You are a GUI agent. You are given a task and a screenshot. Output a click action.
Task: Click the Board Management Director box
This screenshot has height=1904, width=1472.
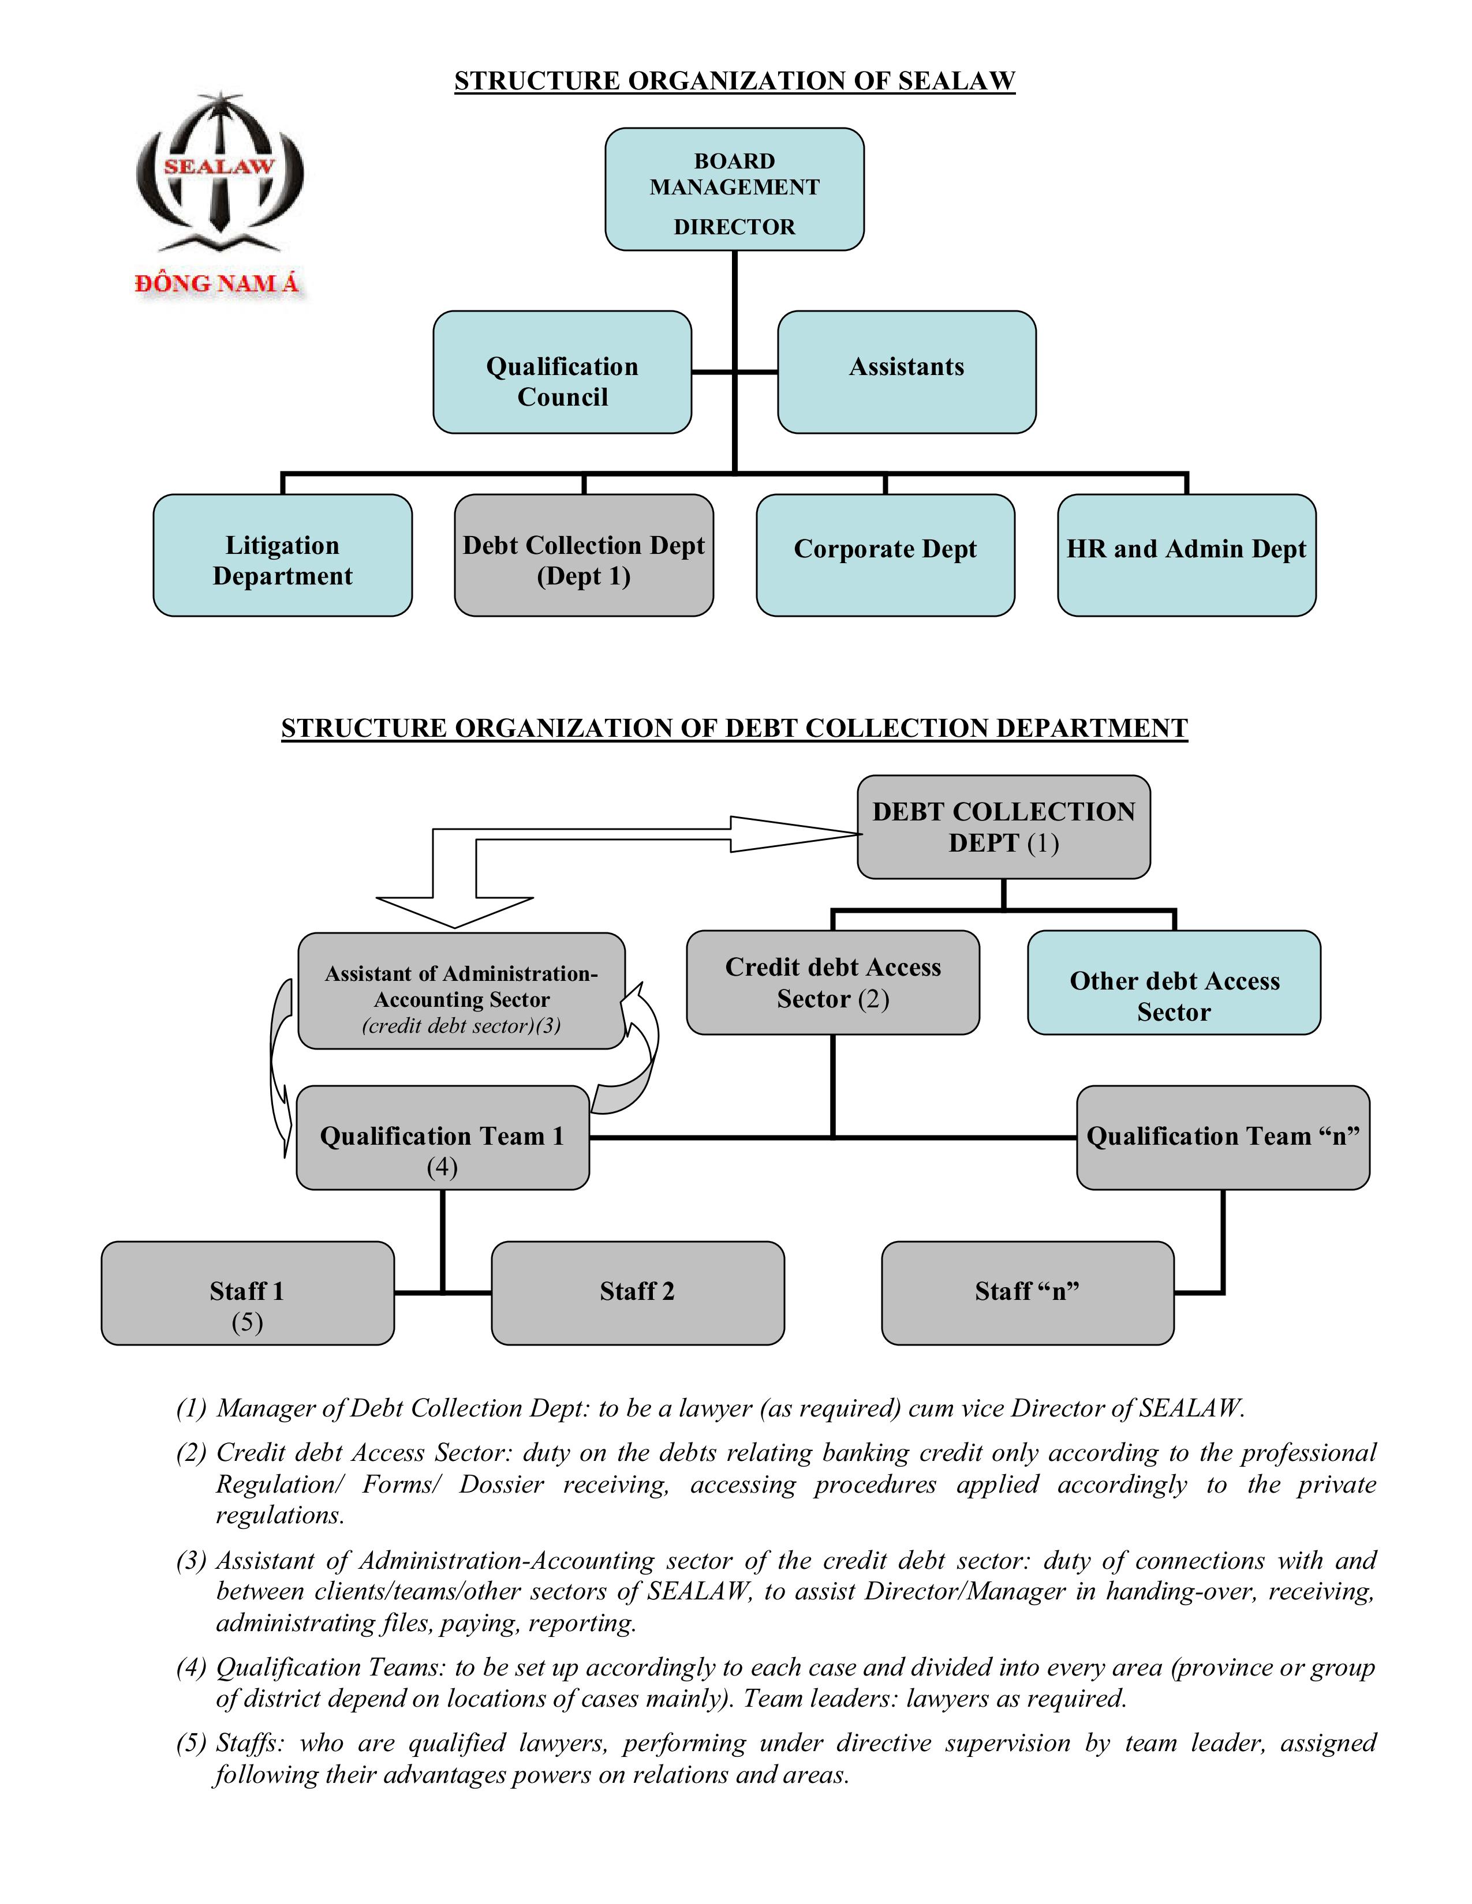click(x=734, y=189)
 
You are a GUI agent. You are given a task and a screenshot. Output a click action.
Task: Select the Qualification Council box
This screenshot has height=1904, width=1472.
click(x=562, y=372)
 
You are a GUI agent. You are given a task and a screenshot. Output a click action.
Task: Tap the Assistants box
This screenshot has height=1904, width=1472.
click(x=906, y=372)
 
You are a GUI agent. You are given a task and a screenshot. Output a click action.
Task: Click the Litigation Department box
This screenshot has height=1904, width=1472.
click(x=282, y=555)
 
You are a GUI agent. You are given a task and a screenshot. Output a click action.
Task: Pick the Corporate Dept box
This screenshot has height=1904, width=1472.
click(x=885, y=555)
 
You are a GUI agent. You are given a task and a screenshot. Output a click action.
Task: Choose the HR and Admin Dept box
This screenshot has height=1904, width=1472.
click(x=1186, y=555)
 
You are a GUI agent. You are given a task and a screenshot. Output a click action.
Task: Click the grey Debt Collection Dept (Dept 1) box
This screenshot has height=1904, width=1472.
click(x=584, y=555)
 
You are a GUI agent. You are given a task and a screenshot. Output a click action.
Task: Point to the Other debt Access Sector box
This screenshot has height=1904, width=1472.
click(x=1174, y=983)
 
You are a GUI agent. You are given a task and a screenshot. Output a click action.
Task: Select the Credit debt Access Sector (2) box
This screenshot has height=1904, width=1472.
click(x=833, y=983)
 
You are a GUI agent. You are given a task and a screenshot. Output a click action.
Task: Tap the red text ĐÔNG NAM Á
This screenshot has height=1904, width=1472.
click(x=217, y=283)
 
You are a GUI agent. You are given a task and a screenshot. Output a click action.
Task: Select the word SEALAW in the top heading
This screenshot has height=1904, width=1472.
click(x=956, y=81)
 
